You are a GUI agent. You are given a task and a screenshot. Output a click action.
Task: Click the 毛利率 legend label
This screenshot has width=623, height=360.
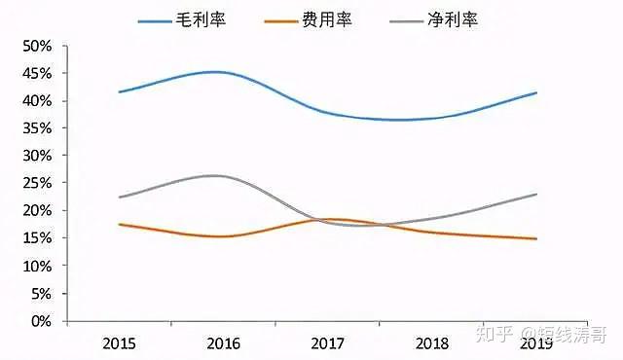[x=201, y=19]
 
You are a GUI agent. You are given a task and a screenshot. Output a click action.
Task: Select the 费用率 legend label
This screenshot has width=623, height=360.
[x=327, y=19]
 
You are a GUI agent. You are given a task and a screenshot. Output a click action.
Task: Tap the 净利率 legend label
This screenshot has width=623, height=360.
[x=453, y=19]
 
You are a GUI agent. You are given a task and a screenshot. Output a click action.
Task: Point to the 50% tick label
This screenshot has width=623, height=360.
[x=37, y=47]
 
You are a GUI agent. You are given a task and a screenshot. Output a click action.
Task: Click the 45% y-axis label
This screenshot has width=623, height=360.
[x=37, y=74]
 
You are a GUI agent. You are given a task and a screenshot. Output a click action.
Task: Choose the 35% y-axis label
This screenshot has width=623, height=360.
[x=37, y=128]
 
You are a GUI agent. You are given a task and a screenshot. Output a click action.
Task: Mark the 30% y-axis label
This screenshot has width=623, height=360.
[x=37, y=156]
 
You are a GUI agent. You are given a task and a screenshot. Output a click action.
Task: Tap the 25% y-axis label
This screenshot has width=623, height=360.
[x=37, y=183]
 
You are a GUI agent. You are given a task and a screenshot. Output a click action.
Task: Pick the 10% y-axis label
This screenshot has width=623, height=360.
[x=37, y=267]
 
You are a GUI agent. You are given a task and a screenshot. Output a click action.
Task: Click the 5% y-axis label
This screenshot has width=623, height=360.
[x=41, y=294]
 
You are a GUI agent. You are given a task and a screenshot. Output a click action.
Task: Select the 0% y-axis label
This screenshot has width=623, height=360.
[x=41, y=321]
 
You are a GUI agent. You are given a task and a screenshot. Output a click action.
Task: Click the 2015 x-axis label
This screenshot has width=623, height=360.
[x=119, y=343]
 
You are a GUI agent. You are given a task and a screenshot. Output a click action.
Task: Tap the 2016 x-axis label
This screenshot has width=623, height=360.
[x=223, y=343]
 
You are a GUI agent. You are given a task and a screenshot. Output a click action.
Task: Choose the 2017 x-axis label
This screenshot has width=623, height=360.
[x=328, y=343]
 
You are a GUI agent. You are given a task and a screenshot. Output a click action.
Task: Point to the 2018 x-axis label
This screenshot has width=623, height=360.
[x=432, y=343]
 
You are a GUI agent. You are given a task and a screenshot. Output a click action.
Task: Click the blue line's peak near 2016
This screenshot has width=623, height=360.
[x=215, y=72]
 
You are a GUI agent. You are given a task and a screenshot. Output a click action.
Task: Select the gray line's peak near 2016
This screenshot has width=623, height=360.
[x=214, y=175]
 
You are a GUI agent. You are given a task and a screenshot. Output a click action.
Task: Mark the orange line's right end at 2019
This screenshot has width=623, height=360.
[x=536, y=239]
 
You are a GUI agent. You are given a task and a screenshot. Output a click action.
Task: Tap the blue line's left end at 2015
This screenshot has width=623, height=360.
[x=119, y=92]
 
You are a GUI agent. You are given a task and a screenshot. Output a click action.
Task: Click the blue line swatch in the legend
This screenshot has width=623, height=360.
[x=155, y=21]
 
